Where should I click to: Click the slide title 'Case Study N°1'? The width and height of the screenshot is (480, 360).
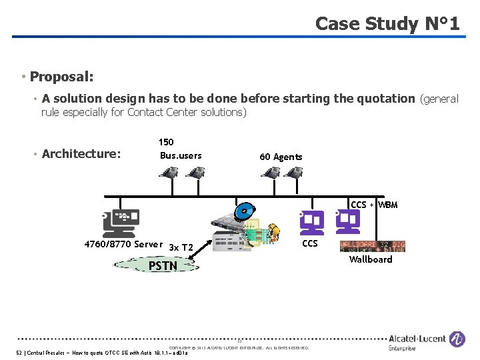pos(387,24)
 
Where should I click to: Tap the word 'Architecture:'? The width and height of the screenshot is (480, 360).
pos(81,154)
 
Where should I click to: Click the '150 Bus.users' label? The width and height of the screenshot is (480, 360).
pos(180,149)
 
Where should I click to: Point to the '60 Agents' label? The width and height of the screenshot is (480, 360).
pos(281,157)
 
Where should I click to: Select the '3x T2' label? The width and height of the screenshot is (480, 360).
pos(181,247)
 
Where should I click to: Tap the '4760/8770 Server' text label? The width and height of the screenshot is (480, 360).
pos(123,244)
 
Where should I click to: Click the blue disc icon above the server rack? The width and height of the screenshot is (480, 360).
pos(245,213)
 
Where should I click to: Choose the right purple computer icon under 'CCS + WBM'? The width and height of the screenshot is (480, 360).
pos(348,221)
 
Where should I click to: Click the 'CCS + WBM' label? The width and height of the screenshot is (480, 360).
pos(374,205)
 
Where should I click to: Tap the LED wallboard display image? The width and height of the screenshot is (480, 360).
pos(372,246)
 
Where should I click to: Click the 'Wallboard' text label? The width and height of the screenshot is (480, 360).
pos(371,259)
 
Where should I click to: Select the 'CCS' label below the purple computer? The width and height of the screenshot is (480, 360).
pos(310,243)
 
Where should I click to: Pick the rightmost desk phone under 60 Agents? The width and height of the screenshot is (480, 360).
pos(293,173)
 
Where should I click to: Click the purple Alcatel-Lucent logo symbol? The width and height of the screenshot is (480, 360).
pos(457,340)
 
